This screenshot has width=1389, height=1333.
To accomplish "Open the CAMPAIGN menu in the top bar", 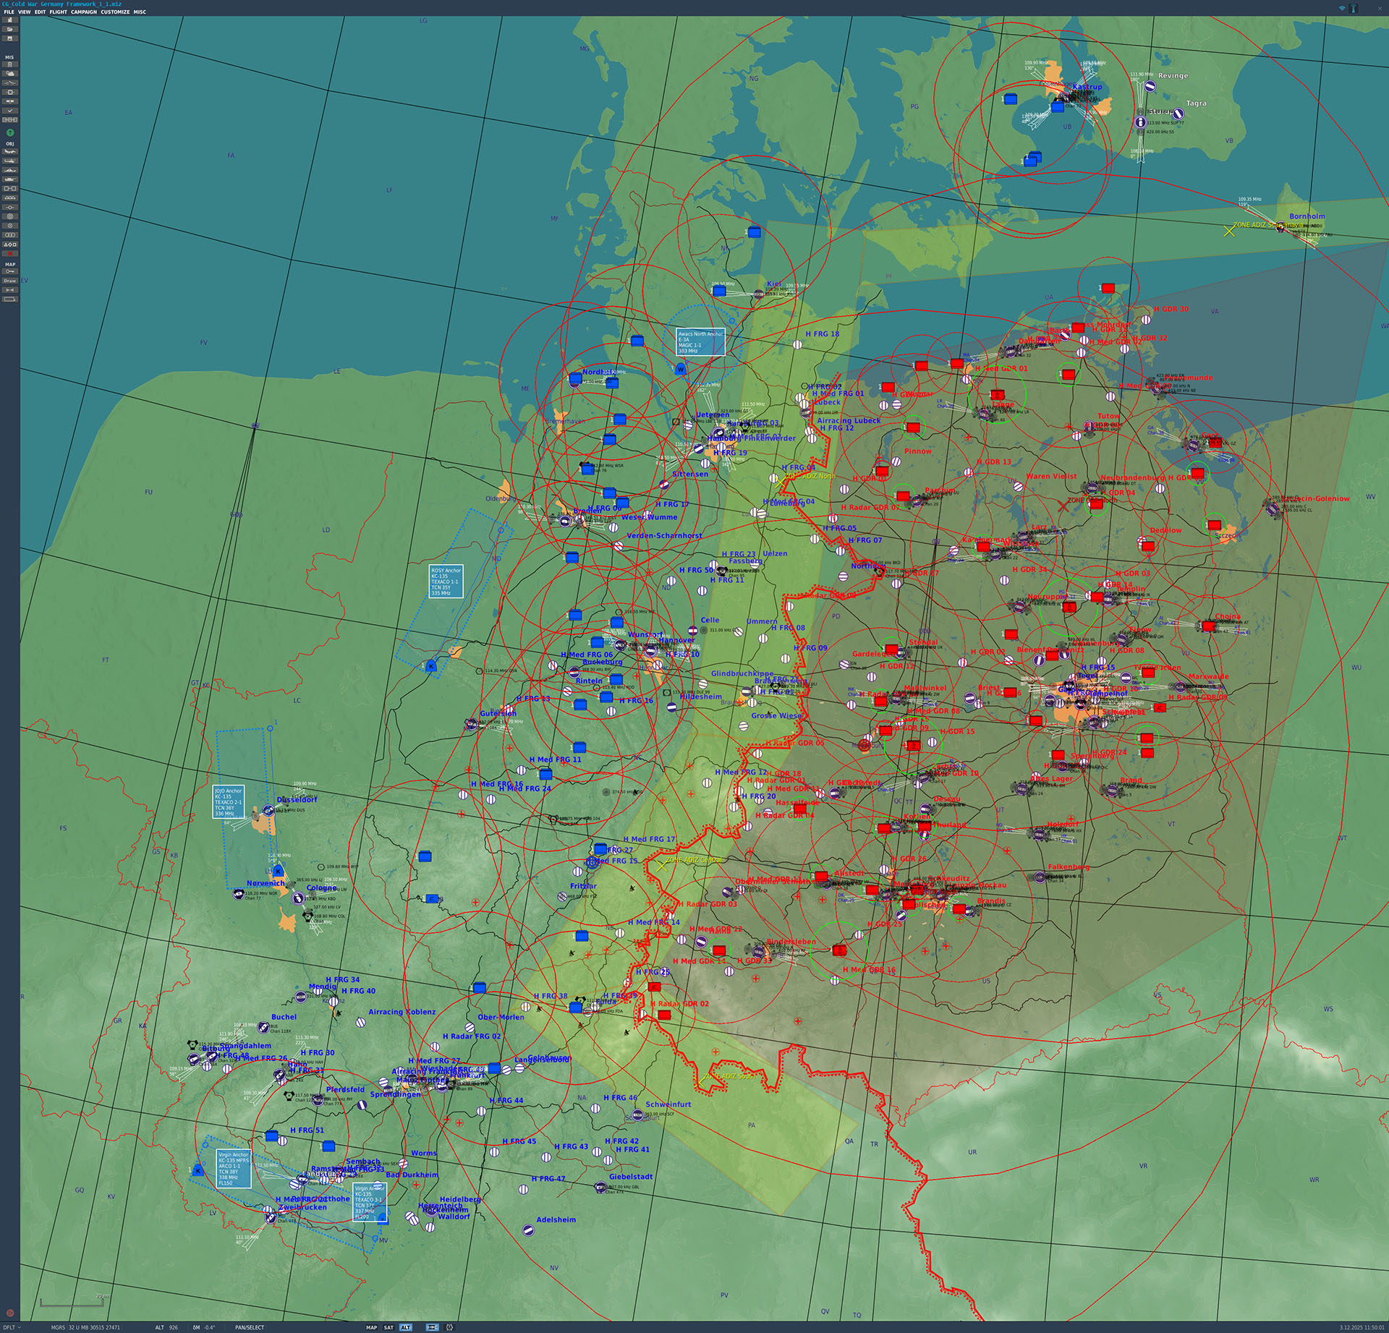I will (83, 12).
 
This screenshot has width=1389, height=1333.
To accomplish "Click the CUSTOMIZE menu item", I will (115, 12).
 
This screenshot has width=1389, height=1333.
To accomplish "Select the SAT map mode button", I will (388, 1327).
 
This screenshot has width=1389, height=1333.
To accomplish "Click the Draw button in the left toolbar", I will (10, 281).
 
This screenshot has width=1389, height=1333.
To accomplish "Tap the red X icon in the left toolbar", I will (10, 254).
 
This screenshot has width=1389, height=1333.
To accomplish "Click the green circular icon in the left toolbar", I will (10, 133).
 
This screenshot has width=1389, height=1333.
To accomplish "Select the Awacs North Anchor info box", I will (700, 342).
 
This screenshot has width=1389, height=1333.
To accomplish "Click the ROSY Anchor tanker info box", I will (445, 582).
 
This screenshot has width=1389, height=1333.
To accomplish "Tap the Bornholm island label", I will (1307, 216).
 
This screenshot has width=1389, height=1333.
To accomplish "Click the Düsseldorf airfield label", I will (297, 800).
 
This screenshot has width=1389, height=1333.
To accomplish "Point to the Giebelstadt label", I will (630, 1177).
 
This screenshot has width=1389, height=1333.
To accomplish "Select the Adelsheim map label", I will (556, 1219).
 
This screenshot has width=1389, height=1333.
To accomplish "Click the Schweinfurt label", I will (668, 1104).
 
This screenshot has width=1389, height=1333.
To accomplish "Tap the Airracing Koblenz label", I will (402, 1012).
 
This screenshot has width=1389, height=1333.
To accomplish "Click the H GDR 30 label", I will (1171, 309).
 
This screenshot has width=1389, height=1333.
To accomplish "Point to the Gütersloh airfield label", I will (498, 713).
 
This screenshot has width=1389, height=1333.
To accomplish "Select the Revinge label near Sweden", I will (1173, 75).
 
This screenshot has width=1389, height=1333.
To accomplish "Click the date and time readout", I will (1361, 1327).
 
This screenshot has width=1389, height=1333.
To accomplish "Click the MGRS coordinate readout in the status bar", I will (85, 1327).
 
